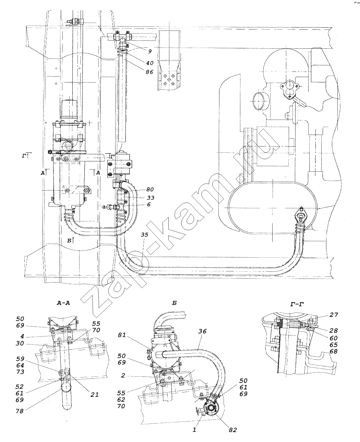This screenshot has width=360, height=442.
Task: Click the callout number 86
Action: pos(149,72)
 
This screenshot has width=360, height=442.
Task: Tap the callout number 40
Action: pos(149,63)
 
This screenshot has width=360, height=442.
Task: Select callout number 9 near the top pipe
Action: pos(150,51)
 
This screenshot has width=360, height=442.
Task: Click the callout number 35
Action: pos(144,234)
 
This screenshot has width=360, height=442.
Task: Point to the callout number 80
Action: pos(150,189)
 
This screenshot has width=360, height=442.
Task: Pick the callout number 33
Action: pos(151,198)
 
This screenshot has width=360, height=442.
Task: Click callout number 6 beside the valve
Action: pos(149,205)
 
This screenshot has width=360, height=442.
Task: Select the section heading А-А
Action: pos(63,303)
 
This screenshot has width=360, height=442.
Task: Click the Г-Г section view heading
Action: pos(297,304)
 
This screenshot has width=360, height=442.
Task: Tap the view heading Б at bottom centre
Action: pos(175,303)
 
